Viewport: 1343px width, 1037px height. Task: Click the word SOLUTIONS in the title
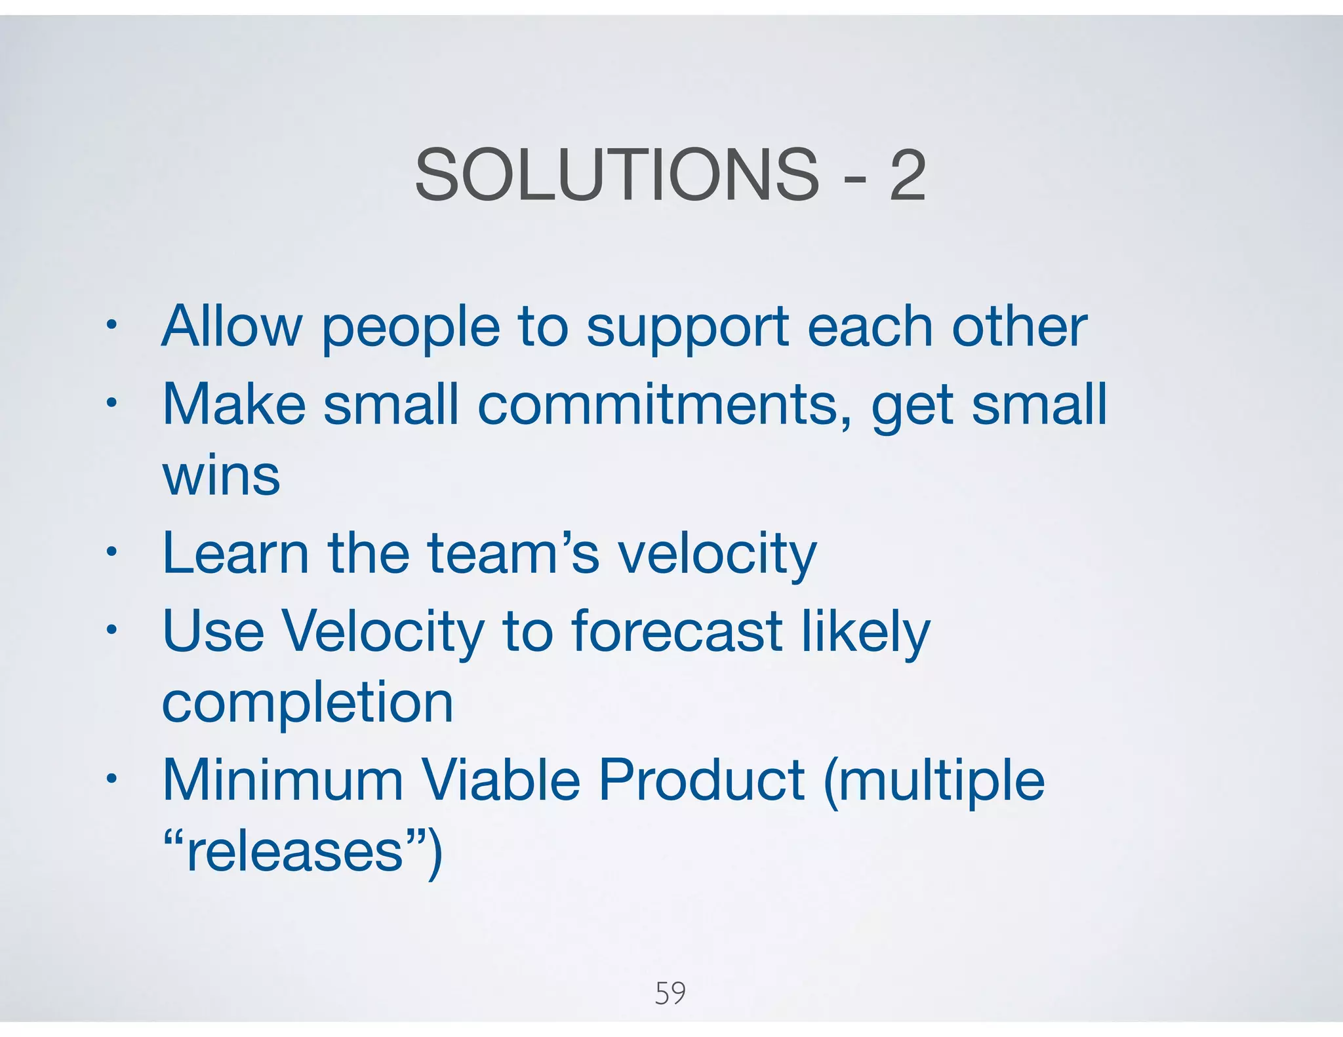point(616,175)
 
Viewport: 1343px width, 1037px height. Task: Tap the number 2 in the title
point(907,175)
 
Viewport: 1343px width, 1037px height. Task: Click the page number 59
point(670,993)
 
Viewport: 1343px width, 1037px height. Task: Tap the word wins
point(221,476)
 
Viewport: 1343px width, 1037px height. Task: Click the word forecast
point(677,631)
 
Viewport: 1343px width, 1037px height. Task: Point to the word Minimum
point(283,780)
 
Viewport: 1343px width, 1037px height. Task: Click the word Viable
point(500,780)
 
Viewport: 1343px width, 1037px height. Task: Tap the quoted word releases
point(294,851)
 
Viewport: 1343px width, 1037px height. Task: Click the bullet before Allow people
point(112,325)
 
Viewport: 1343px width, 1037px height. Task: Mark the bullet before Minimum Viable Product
point(112,779)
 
